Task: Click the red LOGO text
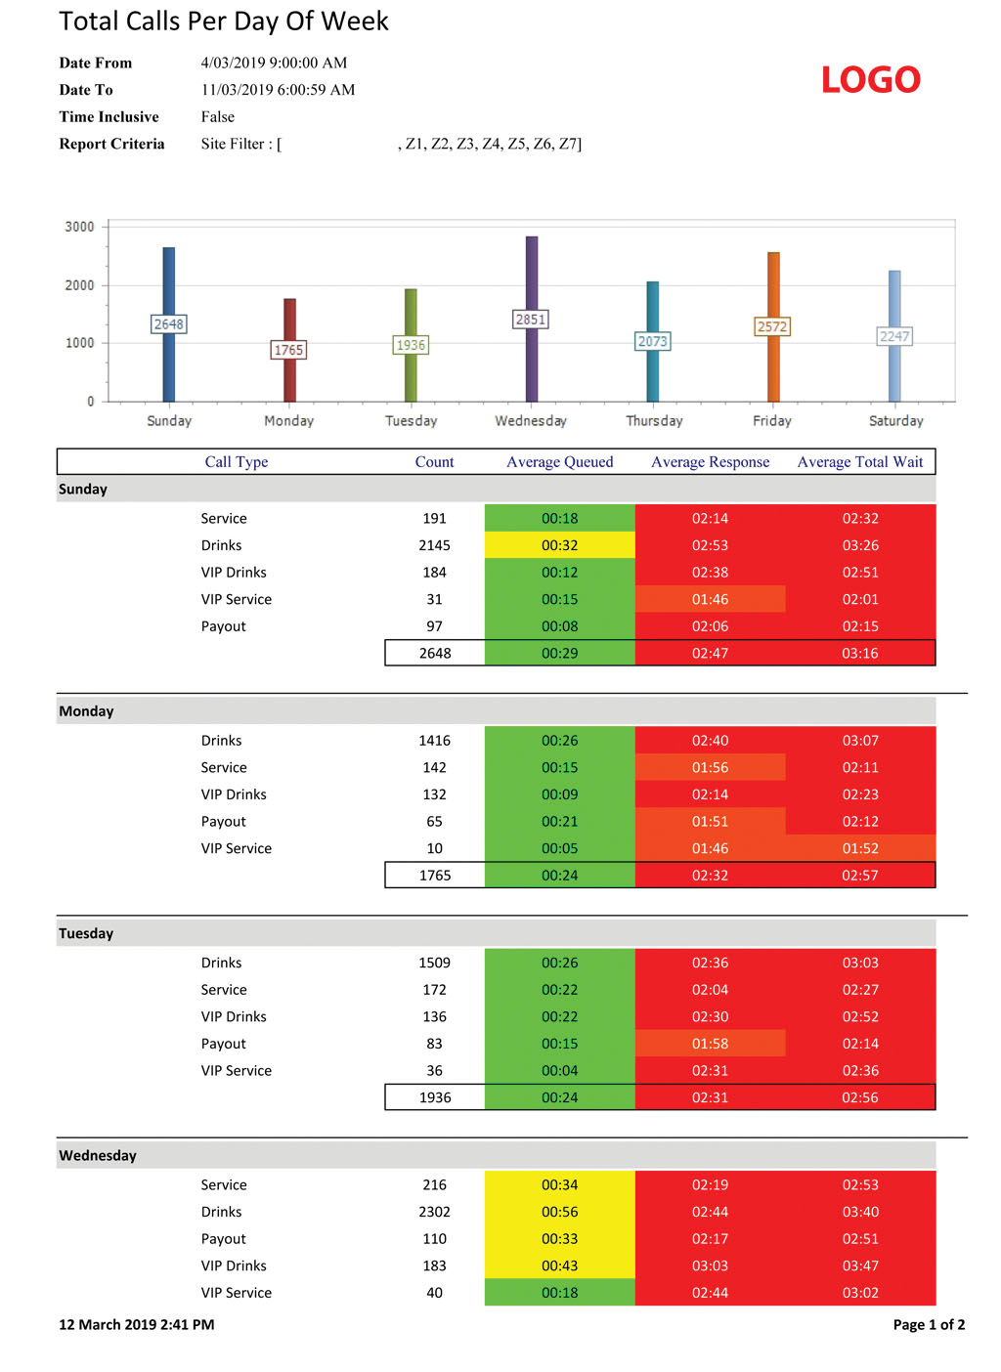click(870, 80)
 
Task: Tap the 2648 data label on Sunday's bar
click(168, 323)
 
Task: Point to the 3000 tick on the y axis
click(79, 227)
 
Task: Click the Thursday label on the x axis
click(654, 421)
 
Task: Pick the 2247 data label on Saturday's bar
click(894, 336)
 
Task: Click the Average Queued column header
click(559, 462)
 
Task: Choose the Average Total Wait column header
click(859, 462)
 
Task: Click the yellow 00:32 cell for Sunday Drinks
click(559, 545)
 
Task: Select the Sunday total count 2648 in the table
click(435, 653)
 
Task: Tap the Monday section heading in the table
click(86, 711)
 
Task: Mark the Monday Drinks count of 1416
click(435, 741)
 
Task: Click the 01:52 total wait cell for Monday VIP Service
click(860, 848)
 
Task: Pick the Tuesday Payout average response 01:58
click(710, 1044)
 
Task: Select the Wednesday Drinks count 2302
click(435, 1212)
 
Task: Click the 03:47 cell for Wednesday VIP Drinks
click(860, 1265)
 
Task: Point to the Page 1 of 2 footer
click(929, 1325)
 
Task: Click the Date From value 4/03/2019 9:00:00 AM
click(274, 63)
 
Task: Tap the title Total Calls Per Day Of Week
click(224, 21)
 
